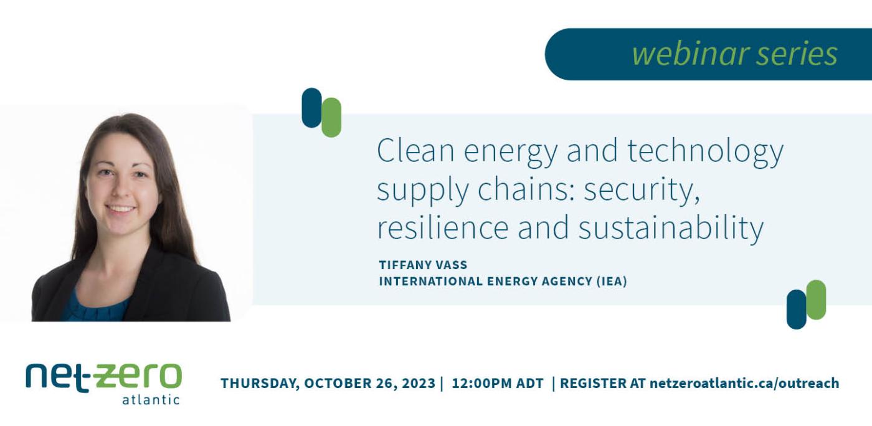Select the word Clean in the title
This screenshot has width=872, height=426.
pyautogui.click(x=411, y=151)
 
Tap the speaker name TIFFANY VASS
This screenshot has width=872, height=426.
pyautogui.click(x=423, y=265)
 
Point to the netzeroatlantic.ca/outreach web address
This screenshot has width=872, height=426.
pyautogui.click(x=744, y=383)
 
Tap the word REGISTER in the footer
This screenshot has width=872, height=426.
pyautogui.click(x=592, y=383)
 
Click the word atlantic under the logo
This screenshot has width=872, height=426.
pyautogui.click(x=151, y=399)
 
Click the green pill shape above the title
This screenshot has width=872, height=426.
pyautogui.click(x=331, y=117)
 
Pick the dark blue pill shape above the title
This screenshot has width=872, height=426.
pyautogui.click(x=311, y=108)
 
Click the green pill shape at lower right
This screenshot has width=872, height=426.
pyautogui.click(x=816, y=300)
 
